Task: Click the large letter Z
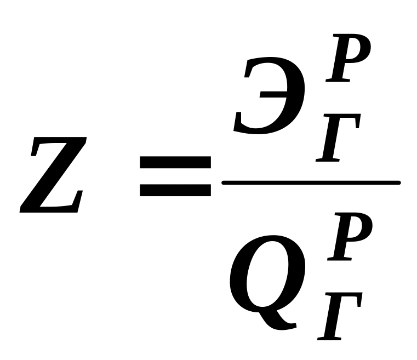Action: tap(54, 175)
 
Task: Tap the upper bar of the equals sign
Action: tap(175, 162)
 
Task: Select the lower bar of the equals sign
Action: tap(175, 190)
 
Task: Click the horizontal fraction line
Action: tap(311, 182)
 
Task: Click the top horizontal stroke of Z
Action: tap(59, 144)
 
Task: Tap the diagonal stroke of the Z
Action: tap(54, 175)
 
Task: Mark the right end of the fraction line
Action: tap(398, 182)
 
